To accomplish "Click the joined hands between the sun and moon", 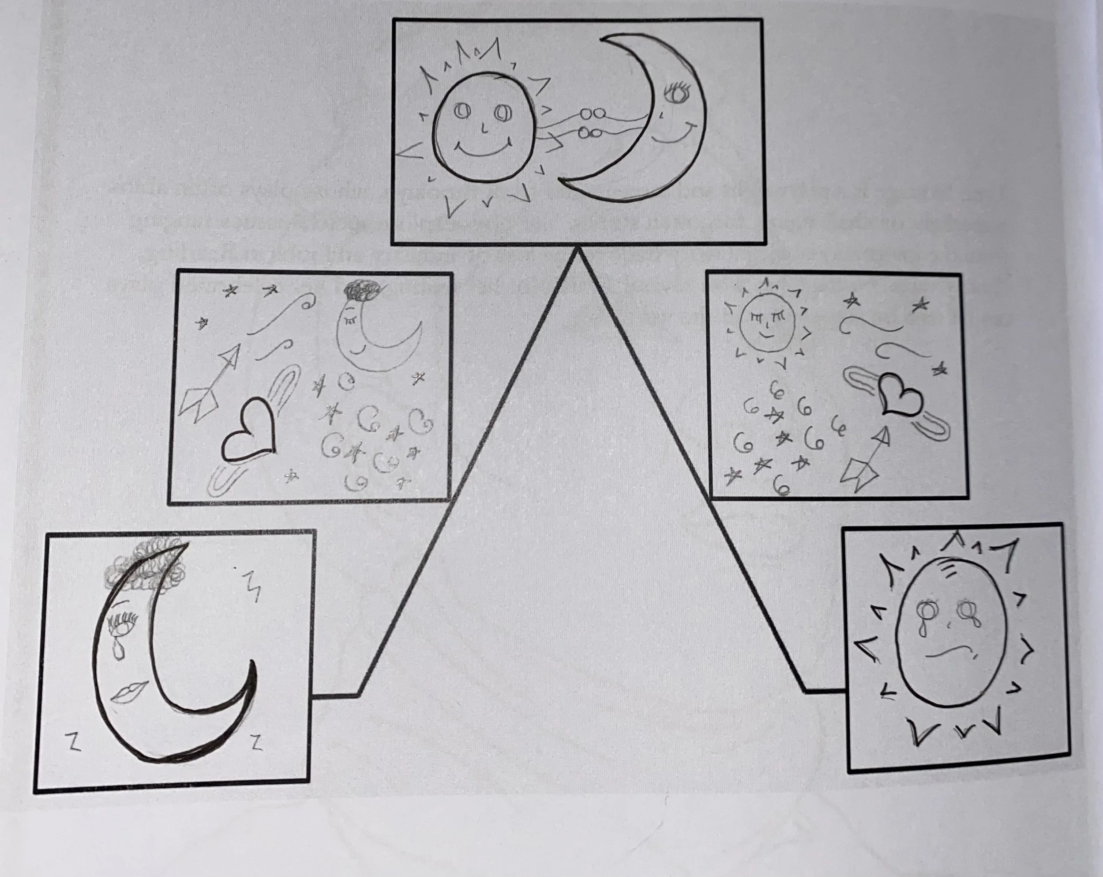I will pyautogui.click(x=591, y=123).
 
